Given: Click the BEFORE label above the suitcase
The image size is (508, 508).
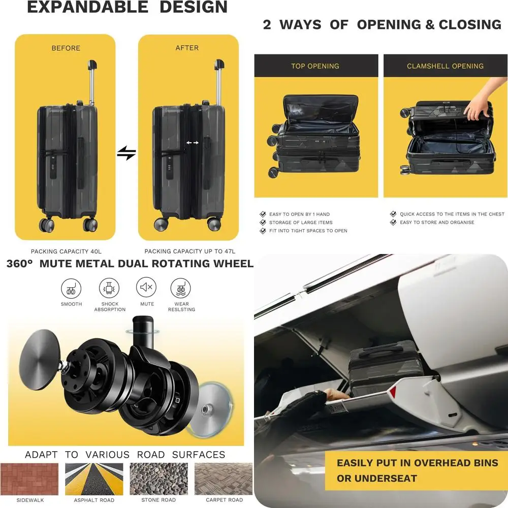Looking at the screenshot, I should [x=66, y=48].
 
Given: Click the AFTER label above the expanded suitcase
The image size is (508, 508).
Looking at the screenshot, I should [x=187, y=48].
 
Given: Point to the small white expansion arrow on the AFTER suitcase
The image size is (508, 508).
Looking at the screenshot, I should [x=192, y=143].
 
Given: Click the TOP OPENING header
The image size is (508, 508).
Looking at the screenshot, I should [x=315, y=66].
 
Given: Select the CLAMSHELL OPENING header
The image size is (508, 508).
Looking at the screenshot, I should [x=445, y=66].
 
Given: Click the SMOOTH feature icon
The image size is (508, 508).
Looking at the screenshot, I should [x=71, y=289].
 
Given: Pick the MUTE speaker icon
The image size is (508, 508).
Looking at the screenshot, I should [x=146, y=288].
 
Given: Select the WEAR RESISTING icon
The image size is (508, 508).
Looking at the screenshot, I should [x=180, y=289].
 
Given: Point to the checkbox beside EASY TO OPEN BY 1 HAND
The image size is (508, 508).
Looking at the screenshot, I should [x=263, y=214].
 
